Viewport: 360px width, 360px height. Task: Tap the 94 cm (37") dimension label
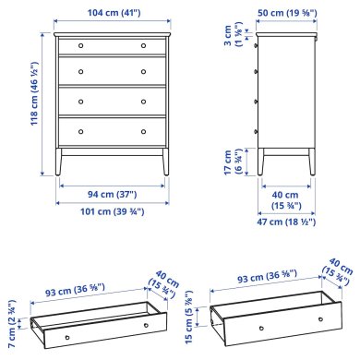pyautogui.click(x=112, y=195)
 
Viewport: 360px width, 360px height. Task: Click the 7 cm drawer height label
pyautogui.click(x=10, y=314)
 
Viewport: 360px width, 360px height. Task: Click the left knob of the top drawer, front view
pyautogui.click(x=80, y=45)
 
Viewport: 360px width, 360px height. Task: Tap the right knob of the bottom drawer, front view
pyautogui.click(x=144, y=129)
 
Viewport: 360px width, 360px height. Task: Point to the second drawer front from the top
pyautogui.click(x=112, y=71)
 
